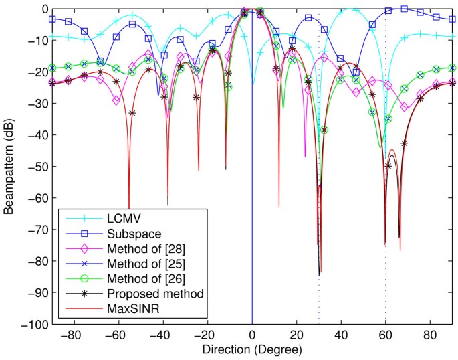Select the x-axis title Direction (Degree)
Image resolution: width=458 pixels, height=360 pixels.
(252, 350)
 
